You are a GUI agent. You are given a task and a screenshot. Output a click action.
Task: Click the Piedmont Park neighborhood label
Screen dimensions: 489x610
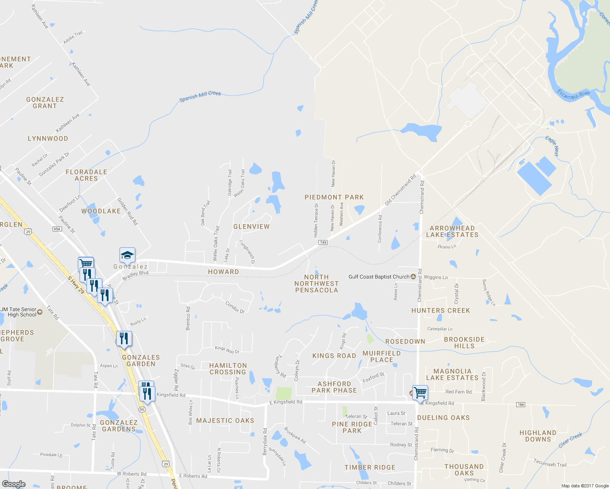click(x=334, y=197)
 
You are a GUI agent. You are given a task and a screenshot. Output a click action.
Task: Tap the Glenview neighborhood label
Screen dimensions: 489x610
click(x=251, y=227)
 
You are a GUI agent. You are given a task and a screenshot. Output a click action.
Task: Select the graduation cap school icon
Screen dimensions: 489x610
click(x=127, y=256)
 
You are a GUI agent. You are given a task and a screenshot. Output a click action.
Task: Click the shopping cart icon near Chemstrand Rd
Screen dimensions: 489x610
click(x=420, y=393)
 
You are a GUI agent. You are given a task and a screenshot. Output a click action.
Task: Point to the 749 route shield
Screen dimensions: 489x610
click(x=323, y=242)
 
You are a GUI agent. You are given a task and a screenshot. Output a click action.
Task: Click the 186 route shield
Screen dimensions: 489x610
click(x=520, y=405)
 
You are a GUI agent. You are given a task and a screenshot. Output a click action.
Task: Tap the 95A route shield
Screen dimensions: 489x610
click(x=57, y=229)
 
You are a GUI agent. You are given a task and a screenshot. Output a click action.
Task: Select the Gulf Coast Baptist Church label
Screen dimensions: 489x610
click(x=379, y=277)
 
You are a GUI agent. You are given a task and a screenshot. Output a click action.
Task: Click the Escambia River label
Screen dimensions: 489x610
click(x=573, y=95)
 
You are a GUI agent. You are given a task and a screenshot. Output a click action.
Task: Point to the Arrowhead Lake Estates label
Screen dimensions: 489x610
click(x=452, y=231)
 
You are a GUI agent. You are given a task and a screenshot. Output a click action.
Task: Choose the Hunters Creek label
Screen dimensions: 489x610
click(x=440, y=311)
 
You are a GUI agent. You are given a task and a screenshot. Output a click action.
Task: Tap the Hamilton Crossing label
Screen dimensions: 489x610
click(x=228, y=369)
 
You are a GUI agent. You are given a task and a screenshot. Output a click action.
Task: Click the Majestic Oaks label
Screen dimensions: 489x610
click(x=225, y=421)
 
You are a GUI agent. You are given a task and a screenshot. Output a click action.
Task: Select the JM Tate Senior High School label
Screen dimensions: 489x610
click(x=19, y=312)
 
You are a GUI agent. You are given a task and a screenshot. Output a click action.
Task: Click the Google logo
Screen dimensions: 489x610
click(x=14, y=484)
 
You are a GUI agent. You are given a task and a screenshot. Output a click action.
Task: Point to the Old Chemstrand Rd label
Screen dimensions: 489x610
click(x=400, y=190)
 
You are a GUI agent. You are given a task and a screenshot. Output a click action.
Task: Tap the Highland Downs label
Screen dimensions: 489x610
click(x=538, y=436)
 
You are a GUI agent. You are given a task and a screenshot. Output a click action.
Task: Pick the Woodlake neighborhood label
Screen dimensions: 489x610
click(x=101, y=211)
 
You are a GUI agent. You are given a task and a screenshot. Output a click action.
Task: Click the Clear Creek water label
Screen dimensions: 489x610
click(x=570, y=440)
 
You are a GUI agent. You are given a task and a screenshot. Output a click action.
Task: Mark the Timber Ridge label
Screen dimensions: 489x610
click(x=370, y=467)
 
